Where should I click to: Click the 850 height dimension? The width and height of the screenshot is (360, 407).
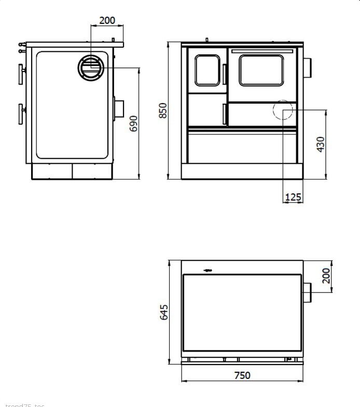[x=163, y=110]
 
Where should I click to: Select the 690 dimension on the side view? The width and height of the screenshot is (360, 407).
[x=134, y=123]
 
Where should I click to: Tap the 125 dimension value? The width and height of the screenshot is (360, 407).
[x=293, y=197]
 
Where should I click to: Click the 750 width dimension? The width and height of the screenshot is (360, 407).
[x=242, y=375]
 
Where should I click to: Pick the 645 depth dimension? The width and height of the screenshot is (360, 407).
[x=164, y=312]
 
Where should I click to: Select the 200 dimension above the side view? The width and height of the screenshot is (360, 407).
[x=107, y=21]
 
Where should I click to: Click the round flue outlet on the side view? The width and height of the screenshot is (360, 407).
[x=92, y=68]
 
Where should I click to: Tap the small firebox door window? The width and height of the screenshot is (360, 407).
[x=207, y=70]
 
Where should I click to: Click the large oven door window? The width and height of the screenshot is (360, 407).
[x=261, y=70]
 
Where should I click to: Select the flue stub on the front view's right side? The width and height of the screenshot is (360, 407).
[x=307, y=66]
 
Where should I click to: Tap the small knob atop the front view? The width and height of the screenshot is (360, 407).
[x=207, y=39]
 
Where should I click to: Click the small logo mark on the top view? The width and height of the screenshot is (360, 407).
[x=208, y=270]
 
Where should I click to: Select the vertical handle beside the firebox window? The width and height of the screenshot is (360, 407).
[x=225, y=74]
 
